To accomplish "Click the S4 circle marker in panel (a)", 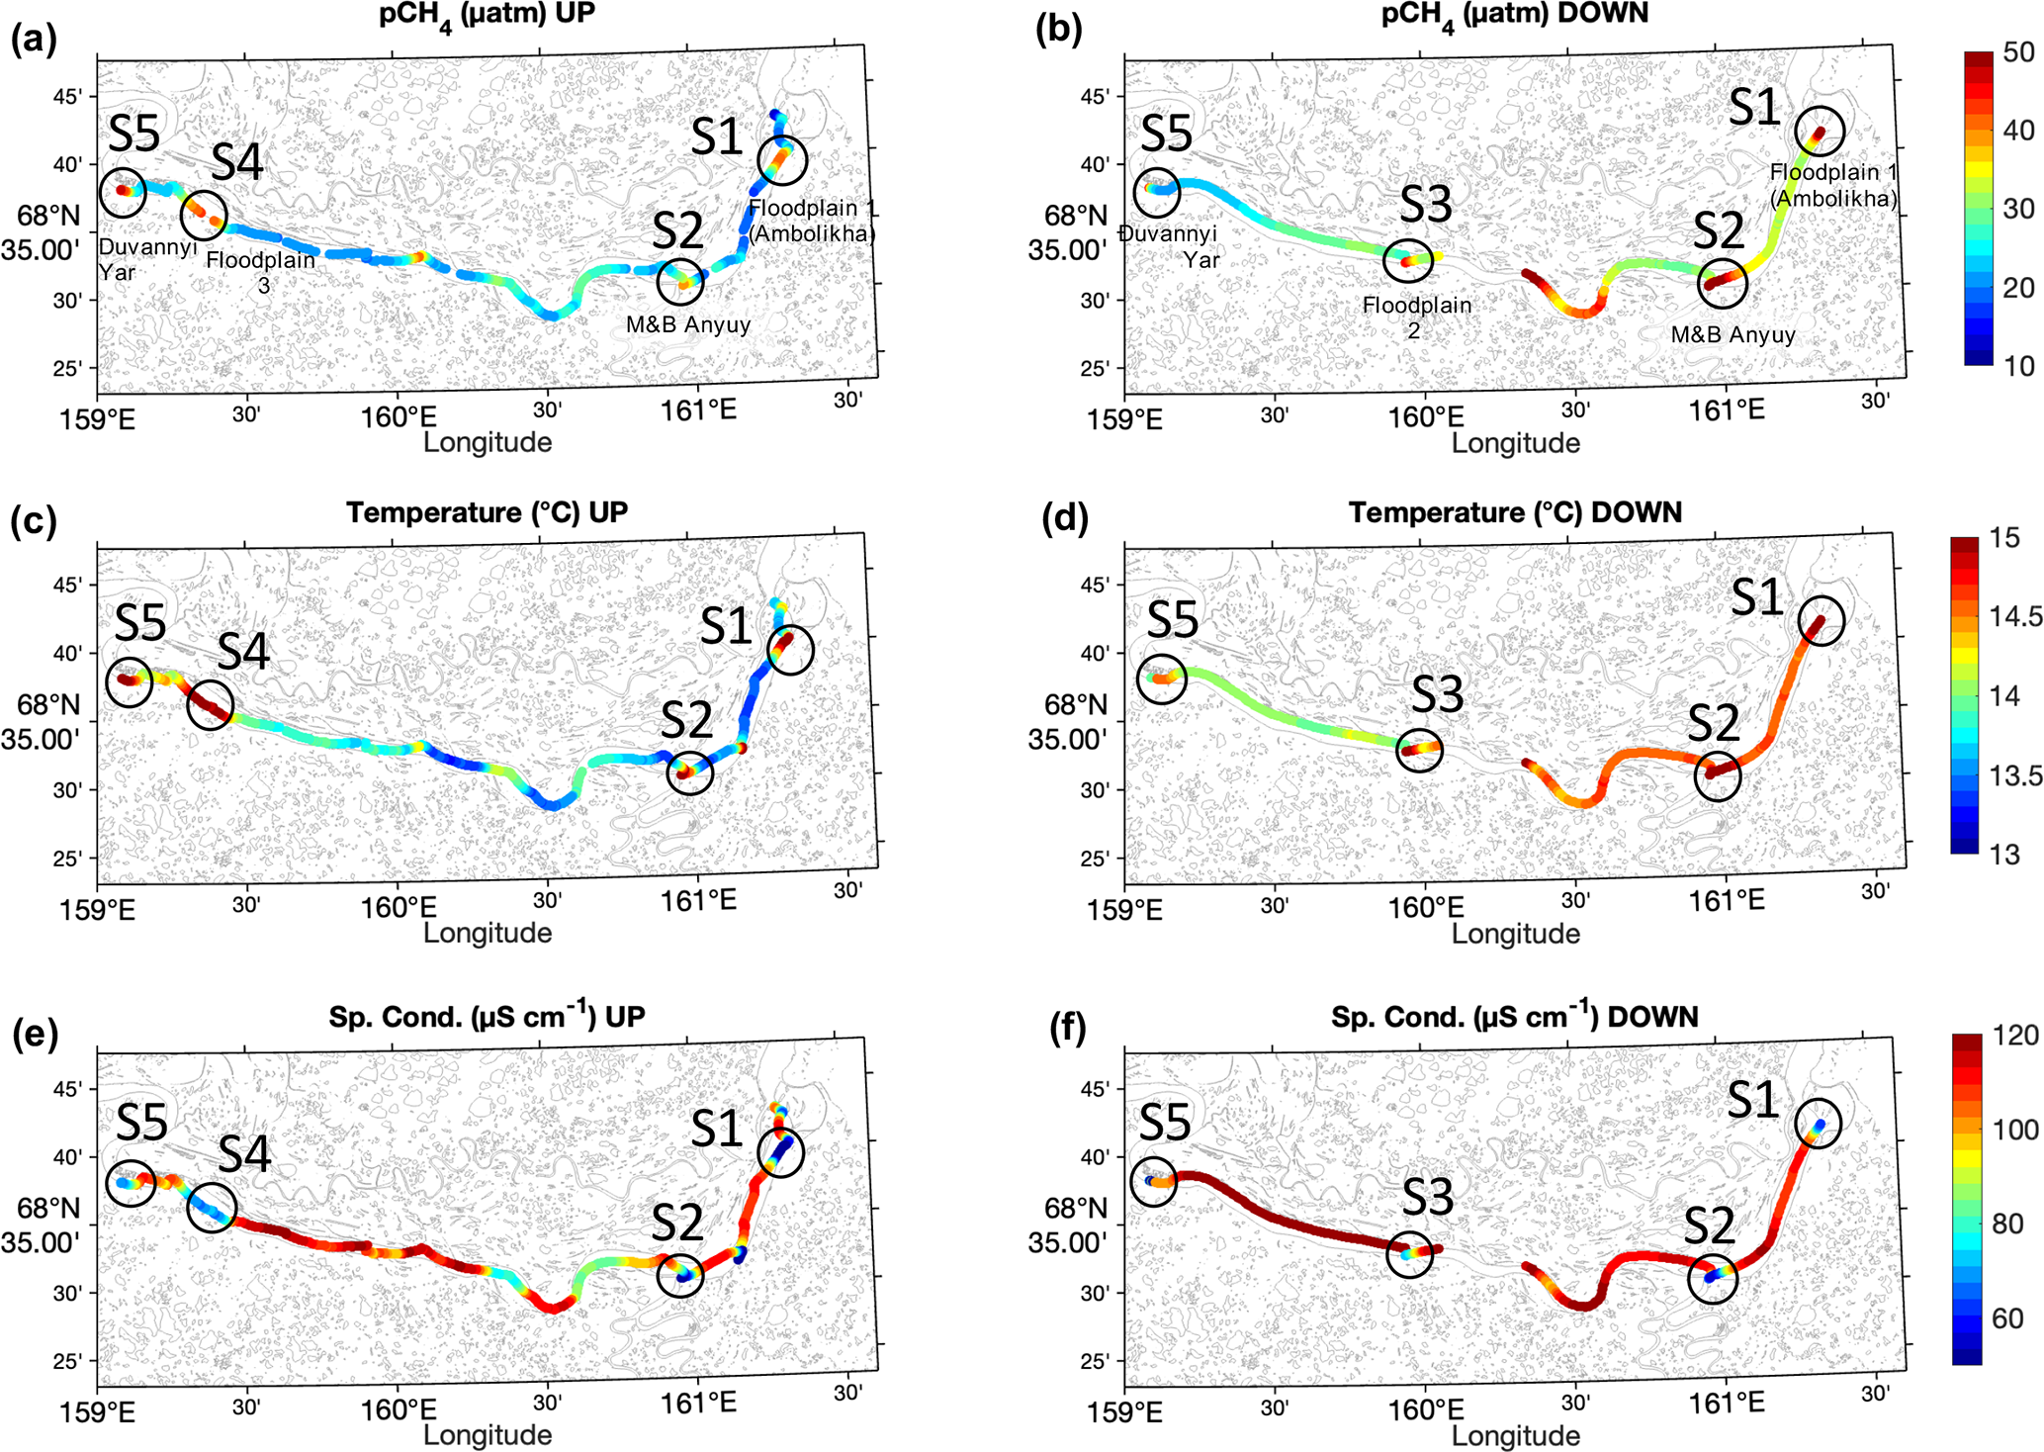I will [204, 215].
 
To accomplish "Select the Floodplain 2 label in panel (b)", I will [1416, 318].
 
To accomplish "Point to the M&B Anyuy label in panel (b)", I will [1733, 335].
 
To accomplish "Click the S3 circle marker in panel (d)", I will [1420, 751].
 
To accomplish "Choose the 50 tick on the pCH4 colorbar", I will [2018, 53].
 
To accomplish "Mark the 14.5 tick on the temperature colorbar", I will [2015, 617].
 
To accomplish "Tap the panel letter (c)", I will [34, 520].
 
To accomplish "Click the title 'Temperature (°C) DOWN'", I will [1514, 512].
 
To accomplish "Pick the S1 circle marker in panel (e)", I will [781, 1152].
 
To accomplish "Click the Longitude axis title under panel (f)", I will [1515, 1434].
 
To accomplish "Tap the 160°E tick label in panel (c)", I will [399, 906].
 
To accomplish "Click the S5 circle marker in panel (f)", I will [1154, 1181].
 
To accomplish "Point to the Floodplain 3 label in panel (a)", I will [261, 272].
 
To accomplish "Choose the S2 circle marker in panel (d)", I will [1718, 776].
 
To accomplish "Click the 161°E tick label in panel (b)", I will [1727, 409].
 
